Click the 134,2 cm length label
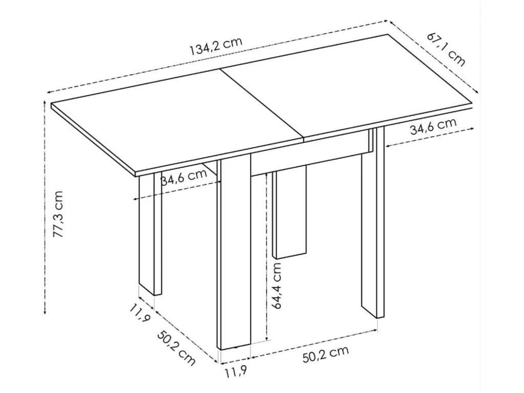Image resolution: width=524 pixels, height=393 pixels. coord(215,47)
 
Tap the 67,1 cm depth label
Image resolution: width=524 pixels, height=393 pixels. coord(446,49)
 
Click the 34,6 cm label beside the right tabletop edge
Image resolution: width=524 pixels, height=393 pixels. coord(432,126)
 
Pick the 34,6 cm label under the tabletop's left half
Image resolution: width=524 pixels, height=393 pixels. coord(184,177)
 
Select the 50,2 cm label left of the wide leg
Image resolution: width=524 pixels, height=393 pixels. coord(176,348)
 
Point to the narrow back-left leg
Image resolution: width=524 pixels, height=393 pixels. coord(150,235)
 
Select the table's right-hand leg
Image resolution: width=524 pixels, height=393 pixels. coord(373,225)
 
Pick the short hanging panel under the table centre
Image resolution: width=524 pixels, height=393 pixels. coord(290,215)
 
